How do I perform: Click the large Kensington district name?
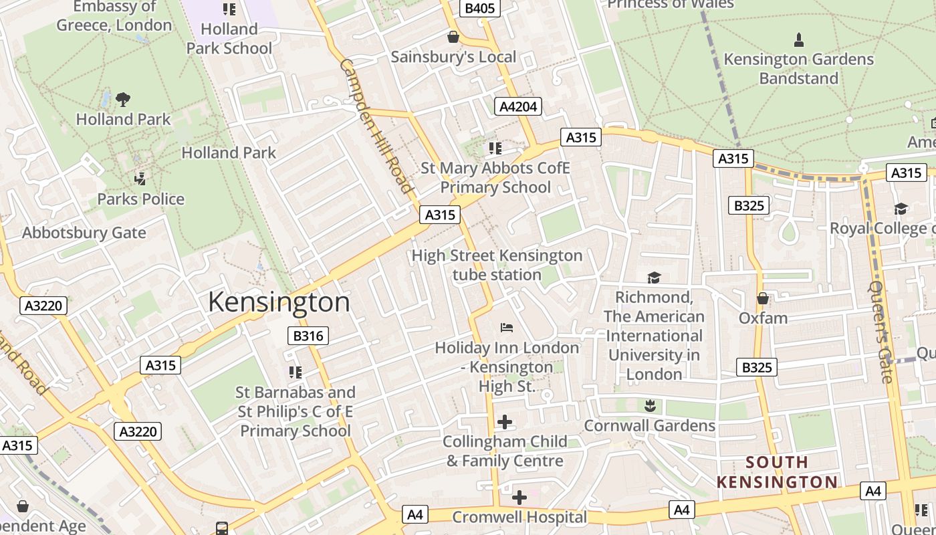pos(279,302)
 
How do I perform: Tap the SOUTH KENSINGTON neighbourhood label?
pos(777,472)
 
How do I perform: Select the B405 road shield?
pos(480,8)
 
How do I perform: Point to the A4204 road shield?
pos(518,106)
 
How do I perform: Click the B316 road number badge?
pos(308,336)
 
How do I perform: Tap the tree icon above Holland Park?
pos(122,100)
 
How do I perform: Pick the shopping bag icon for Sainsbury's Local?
pos(453,37)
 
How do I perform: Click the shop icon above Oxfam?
pos(762,298)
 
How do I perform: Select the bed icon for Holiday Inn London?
pos(507,328)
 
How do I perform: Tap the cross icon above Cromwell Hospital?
pos(519,498)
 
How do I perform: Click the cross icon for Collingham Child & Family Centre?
pos(505,422)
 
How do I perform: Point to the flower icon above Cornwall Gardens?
pos(649,405)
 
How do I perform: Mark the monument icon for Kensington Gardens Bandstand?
pos(798,40)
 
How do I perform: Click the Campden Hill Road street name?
pos(376,126)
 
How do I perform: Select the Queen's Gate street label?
pos(881,332)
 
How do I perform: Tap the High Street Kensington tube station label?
pos(497,265)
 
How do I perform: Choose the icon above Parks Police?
pos(140,179)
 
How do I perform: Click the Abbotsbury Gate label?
pos(84,233)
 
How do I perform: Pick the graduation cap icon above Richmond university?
pos(654,278)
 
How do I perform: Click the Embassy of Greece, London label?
pos(114,16)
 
